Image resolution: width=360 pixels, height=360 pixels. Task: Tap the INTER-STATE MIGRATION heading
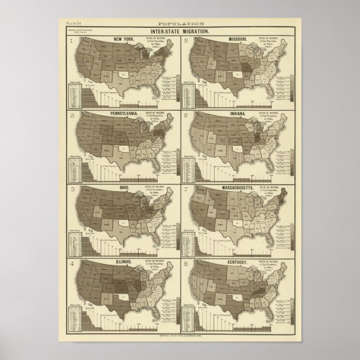pos(180,30)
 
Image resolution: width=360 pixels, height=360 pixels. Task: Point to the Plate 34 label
pos(73,23)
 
